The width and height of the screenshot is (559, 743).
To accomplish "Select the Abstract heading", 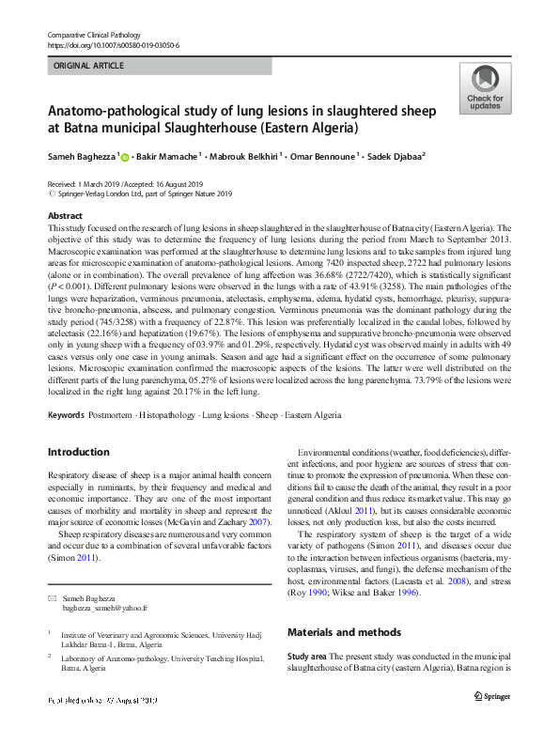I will [x=65, y=216].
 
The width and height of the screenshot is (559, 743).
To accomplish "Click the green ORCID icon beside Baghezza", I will [x=125, y=156].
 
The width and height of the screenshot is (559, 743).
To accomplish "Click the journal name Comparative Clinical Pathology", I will [x=93, y=35].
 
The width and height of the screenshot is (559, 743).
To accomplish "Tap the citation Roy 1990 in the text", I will [x=313, y=567].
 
